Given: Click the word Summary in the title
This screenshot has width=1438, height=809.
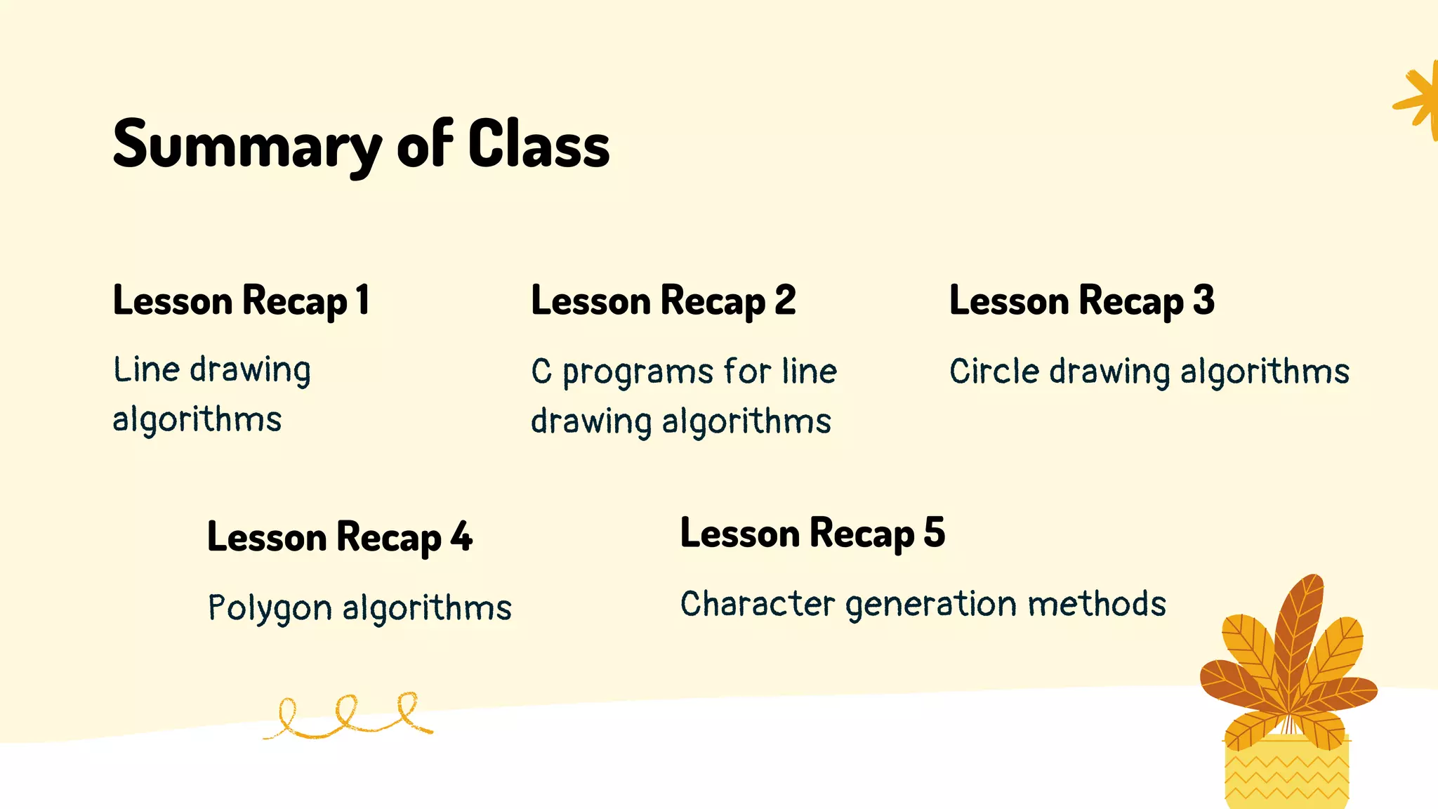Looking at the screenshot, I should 246,145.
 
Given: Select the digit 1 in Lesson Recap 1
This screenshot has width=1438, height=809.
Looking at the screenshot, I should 362,301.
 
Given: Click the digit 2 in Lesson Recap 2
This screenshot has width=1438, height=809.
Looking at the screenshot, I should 785,301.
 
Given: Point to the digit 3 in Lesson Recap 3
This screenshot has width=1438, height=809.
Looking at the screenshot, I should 1203,301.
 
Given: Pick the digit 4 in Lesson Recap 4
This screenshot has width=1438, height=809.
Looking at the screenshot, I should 461,537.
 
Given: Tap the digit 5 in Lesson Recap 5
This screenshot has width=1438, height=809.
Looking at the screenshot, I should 935,533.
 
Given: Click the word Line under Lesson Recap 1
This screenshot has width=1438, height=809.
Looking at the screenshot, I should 146,369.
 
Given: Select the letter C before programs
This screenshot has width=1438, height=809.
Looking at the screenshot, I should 541,371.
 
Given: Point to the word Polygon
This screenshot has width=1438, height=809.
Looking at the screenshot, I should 270,608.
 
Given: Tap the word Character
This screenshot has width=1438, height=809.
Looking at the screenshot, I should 758,604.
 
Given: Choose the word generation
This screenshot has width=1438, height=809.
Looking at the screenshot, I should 931,605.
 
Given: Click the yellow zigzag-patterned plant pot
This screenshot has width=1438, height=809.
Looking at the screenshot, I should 1286,772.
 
